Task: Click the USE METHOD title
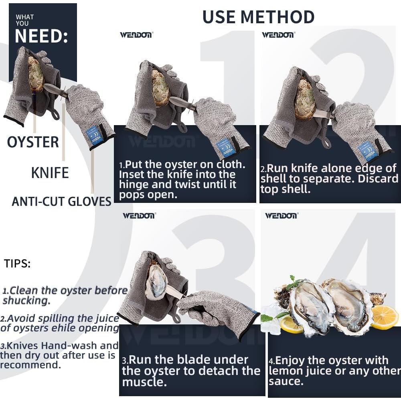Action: tap(258, 17)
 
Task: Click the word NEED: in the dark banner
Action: tap(41, 36)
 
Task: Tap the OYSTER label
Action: tap(33, 142)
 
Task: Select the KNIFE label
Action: tap(50, 173)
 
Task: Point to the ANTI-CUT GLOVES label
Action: tap(61, 201)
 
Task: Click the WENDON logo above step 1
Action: tap(136, 35)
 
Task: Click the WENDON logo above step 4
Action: tap(281, 216)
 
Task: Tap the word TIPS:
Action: tap(17, 264)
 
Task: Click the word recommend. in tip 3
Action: tap(30, 365)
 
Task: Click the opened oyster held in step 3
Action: tap(156, 281)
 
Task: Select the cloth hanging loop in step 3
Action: tap(175, 317)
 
